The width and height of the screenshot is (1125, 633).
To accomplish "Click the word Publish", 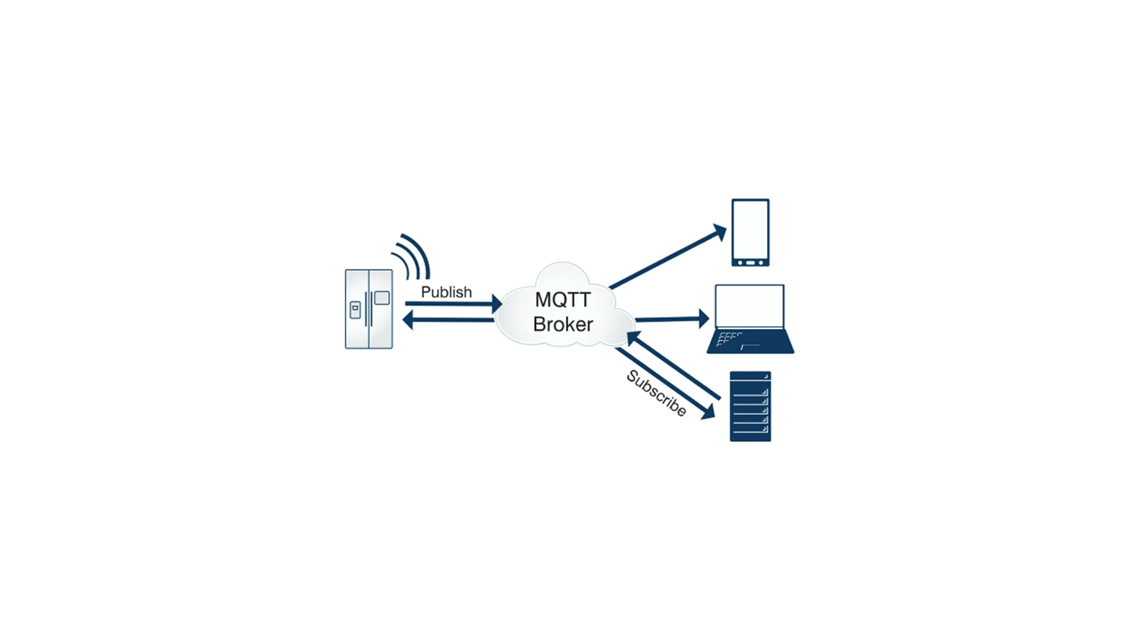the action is pyautogui.click(x=446, y=292).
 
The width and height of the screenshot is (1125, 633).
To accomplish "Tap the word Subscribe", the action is pyautogui.click(x=656, y=393).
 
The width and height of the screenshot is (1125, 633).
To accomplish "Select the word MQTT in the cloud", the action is pyautogui.click(x=562, y=300).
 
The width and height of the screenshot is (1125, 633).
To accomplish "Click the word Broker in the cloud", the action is pyautogui.click(x=563, y=324).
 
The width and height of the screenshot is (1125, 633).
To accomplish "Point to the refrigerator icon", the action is pyautogui.click(x=369, y=309).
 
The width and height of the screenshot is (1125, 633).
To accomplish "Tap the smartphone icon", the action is pyautogui.click(x=751, y=233).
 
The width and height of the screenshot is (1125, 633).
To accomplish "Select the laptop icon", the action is pyautogui.click(x=751, y=319).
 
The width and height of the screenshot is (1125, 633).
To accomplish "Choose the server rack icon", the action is pyautogui.click(x=751, y=406).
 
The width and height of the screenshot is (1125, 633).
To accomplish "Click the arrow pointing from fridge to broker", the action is pyautogui.click(x=454, y=304).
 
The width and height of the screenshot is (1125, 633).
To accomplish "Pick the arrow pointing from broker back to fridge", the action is pyautogui.click(x=449, y=320).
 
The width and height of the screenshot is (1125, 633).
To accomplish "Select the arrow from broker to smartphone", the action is pyautogui.click(x=668, y=257).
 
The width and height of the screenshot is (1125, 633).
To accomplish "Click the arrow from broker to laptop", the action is pyautogui.click(x=673, y=319).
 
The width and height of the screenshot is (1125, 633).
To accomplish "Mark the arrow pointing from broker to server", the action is pyautogui.click(x=666, y=384).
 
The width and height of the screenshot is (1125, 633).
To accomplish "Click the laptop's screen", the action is pyautogui.click(x=750, y=306).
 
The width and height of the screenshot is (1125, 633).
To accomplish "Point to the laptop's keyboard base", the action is pyautogui.click(x=751, y=342).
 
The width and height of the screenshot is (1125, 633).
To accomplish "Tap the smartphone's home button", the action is pyautogui.click(x=751, y=263).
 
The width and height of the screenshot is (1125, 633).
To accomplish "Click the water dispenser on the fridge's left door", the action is pyautogui.click(x=355, y=310).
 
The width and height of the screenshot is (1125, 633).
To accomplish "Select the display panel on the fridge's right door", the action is pyautogui.click(x=382, y=298).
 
